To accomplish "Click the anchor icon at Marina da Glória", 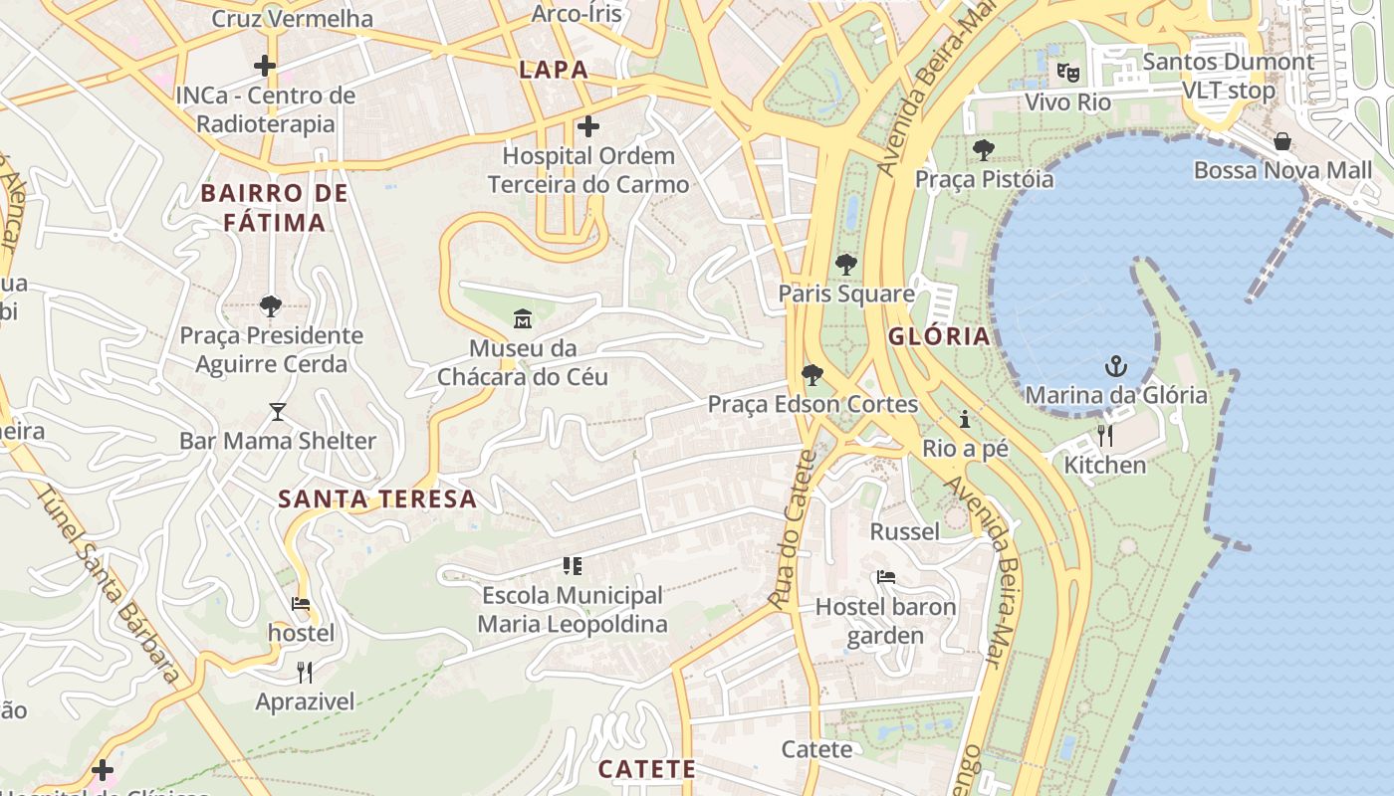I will coord(1115,366).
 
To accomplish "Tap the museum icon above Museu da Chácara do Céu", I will coord(522,319).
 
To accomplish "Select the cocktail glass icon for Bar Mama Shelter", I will coord(277,412).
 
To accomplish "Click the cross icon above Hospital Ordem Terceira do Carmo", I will coord(588,126).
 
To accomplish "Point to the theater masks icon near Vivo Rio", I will coord(1067,72).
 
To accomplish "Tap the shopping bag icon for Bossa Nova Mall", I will coord(1282,141).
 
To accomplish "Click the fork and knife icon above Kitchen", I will coord(1104,436).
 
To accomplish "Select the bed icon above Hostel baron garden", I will coord(885,577).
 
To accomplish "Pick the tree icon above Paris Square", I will coord(845,265).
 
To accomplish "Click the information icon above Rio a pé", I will coord(964,419).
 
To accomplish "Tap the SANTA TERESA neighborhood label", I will coord(377,498).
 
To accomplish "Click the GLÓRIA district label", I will coord(939,336).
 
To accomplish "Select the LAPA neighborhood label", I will coord(554,70).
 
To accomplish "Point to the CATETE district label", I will coord(646,769).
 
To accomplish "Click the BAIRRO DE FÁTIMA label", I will coord(275,207).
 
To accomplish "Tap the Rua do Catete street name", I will coord(793,529).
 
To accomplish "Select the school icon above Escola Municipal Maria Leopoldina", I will coord(573,566).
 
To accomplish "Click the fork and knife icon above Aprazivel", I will coord(305,673).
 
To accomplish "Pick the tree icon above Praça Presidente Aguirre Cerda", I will coord(270,305).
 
